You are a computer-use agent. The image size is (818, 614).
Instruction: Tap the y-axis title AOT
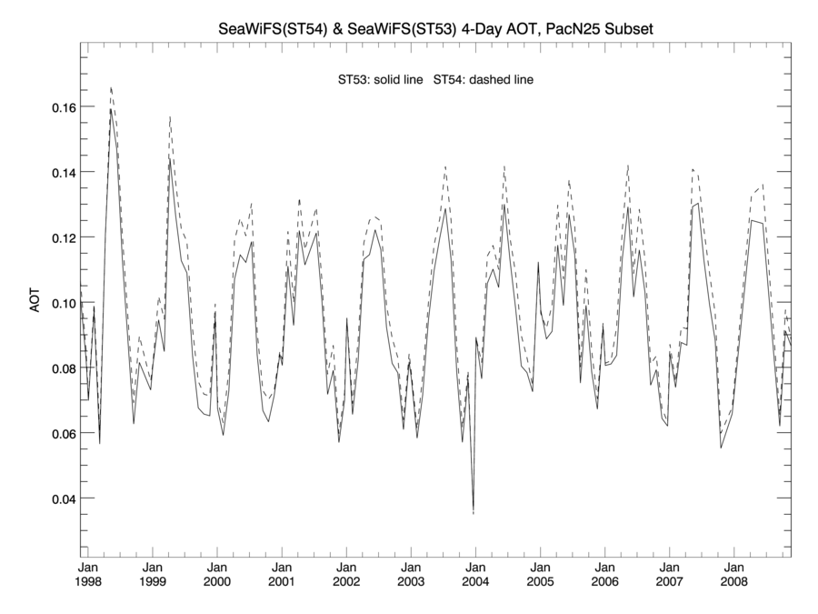pos(35,303)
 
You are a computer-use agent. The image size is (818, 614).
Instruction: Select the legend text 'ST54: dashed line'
pos(484,80)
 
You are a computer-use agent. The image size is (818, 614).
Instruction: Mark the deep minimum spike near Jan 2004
pos(474,512)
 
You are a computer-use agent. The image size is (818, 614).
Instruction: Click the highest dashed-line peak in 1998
pos(111,88)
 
